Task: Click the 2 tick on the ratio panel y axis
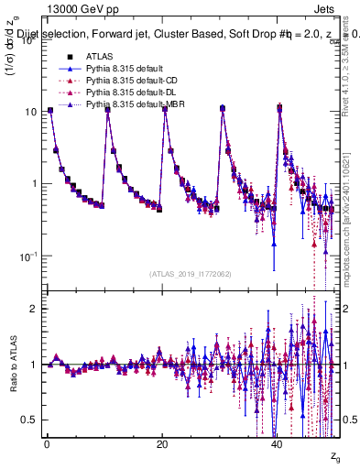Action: click(x=33, y=309)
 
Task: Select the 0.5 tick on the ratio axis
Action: click(x=29, y=420)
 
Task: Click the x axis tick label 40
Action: click(x=278, y=443)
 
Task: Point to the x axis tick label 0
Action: click(x=47, y=443)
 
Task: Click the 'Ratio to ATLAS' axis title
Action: click(x=11, y=365)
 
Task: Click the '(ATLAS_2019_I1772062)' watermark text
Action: click(x=190, y=274)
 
